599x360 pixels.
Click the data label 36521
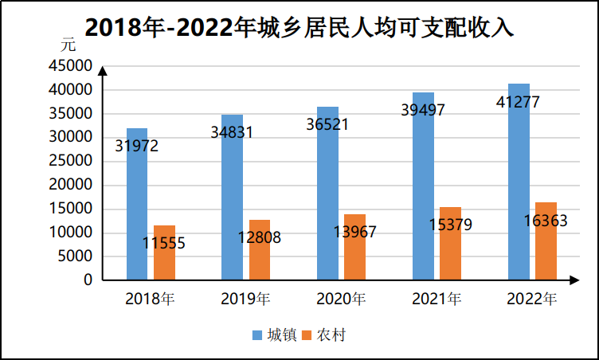tap(327, 124)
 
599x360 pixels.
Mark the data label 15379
tap(450, 225)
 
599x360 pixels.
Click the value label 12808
tap(260, 237)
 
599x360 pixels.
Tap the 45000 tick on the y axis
tap(71, 65)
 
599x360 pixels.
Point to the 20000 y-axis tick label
tap(71, 185)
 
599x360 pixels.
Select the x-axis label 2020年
tap(341, 299)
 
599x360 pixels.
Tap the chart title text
tap(299, 26)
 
